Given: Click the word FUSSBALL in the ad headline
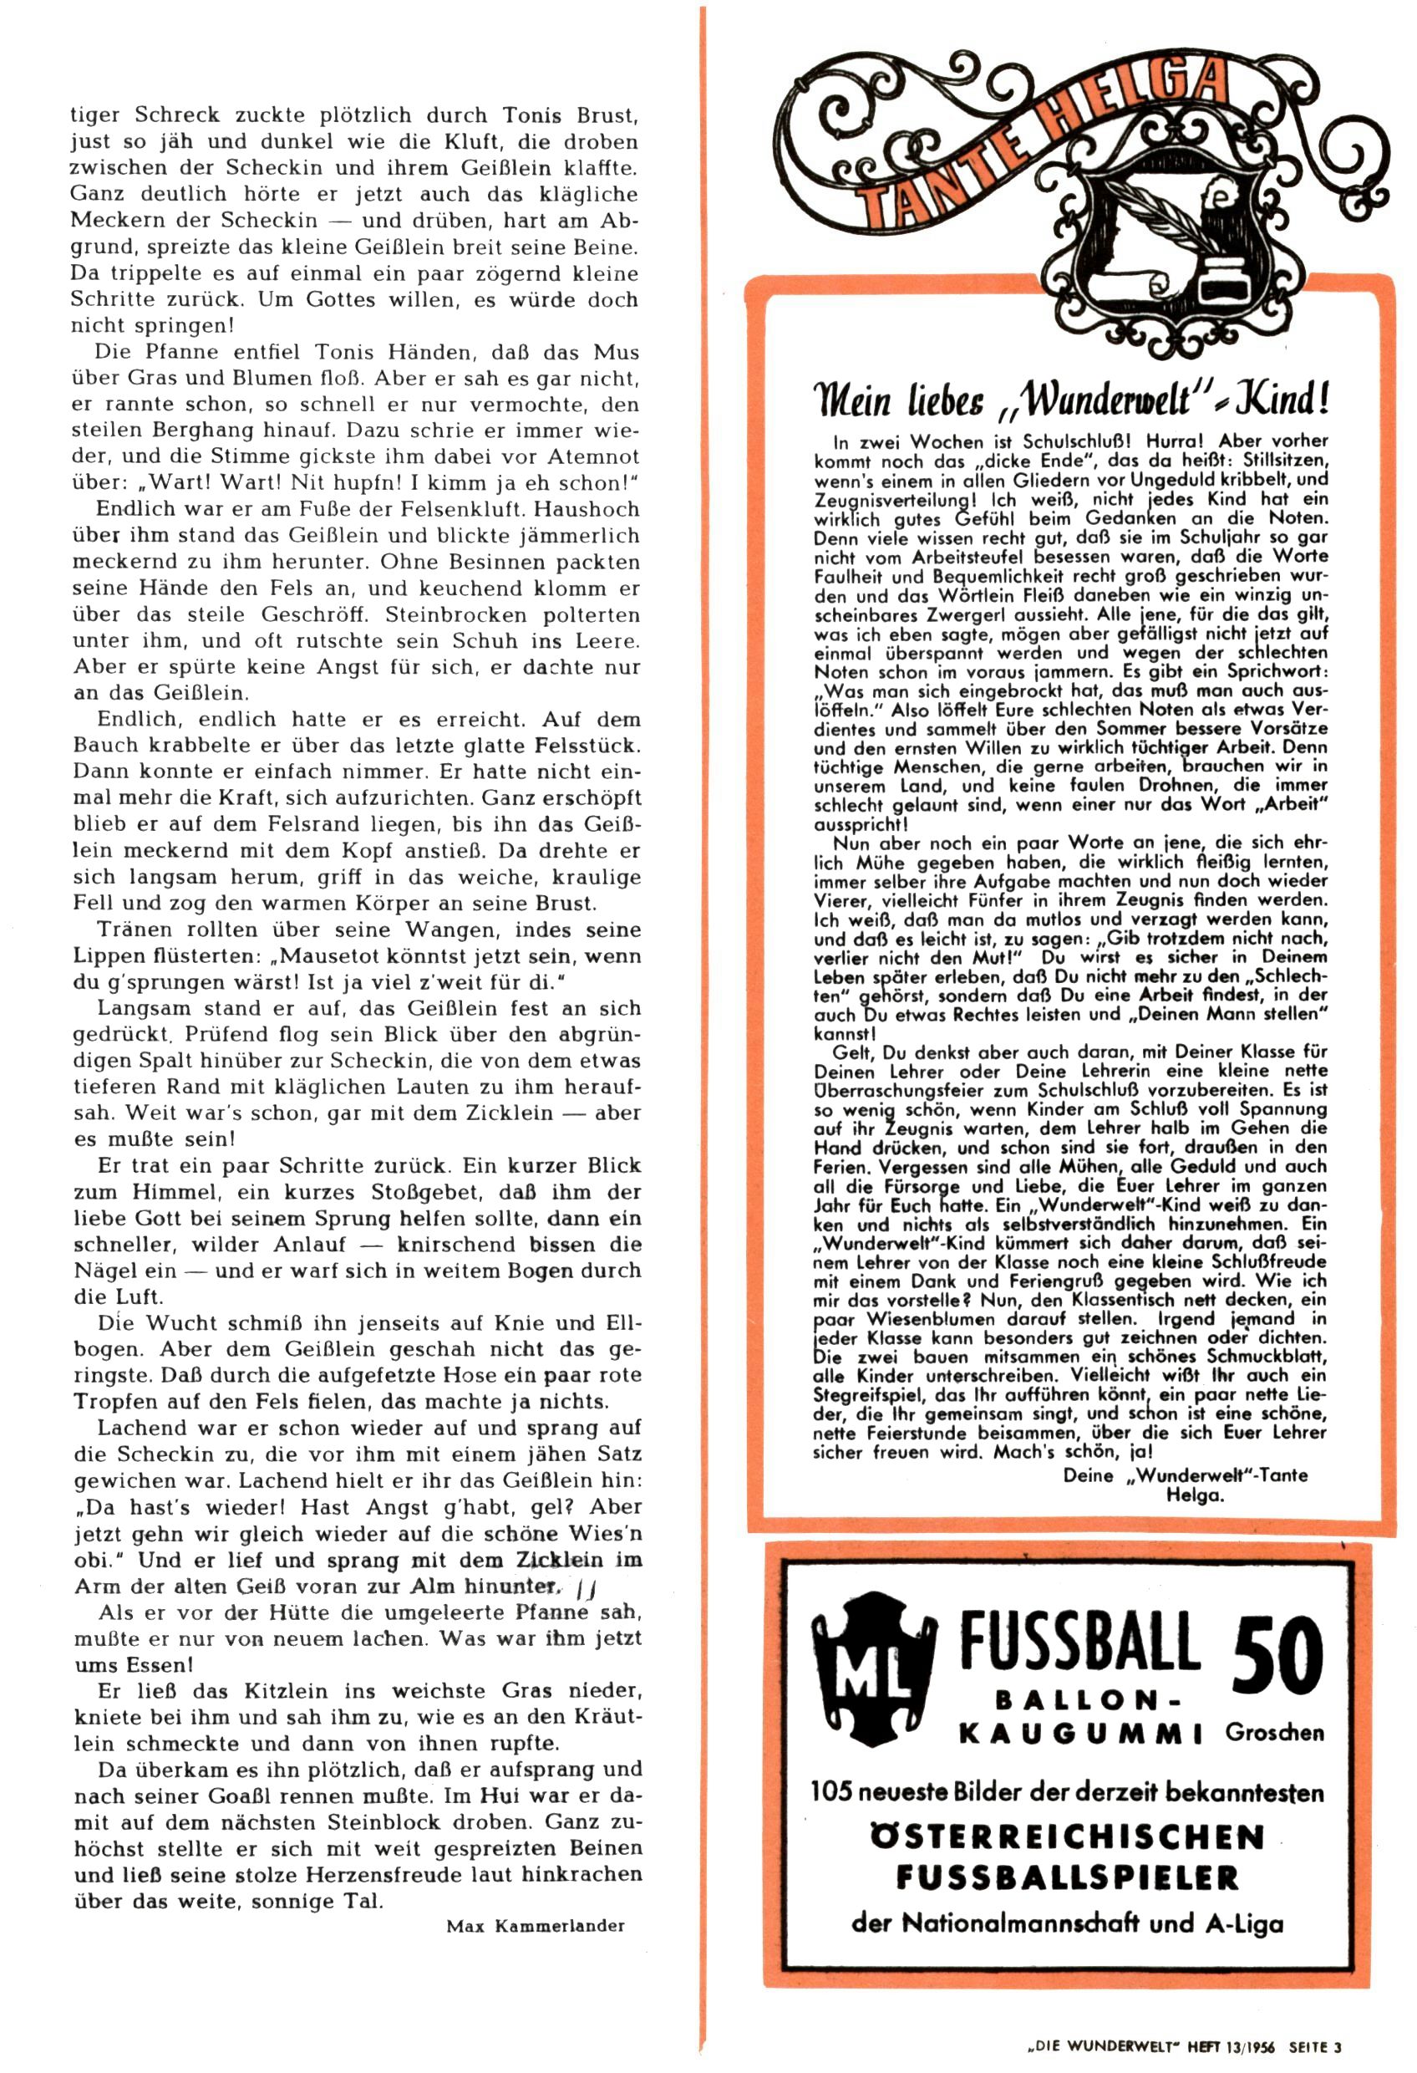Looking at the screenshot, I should pos(1079,1643).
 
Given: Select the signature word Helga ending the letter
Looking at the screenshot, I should pos(1194,1495).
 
